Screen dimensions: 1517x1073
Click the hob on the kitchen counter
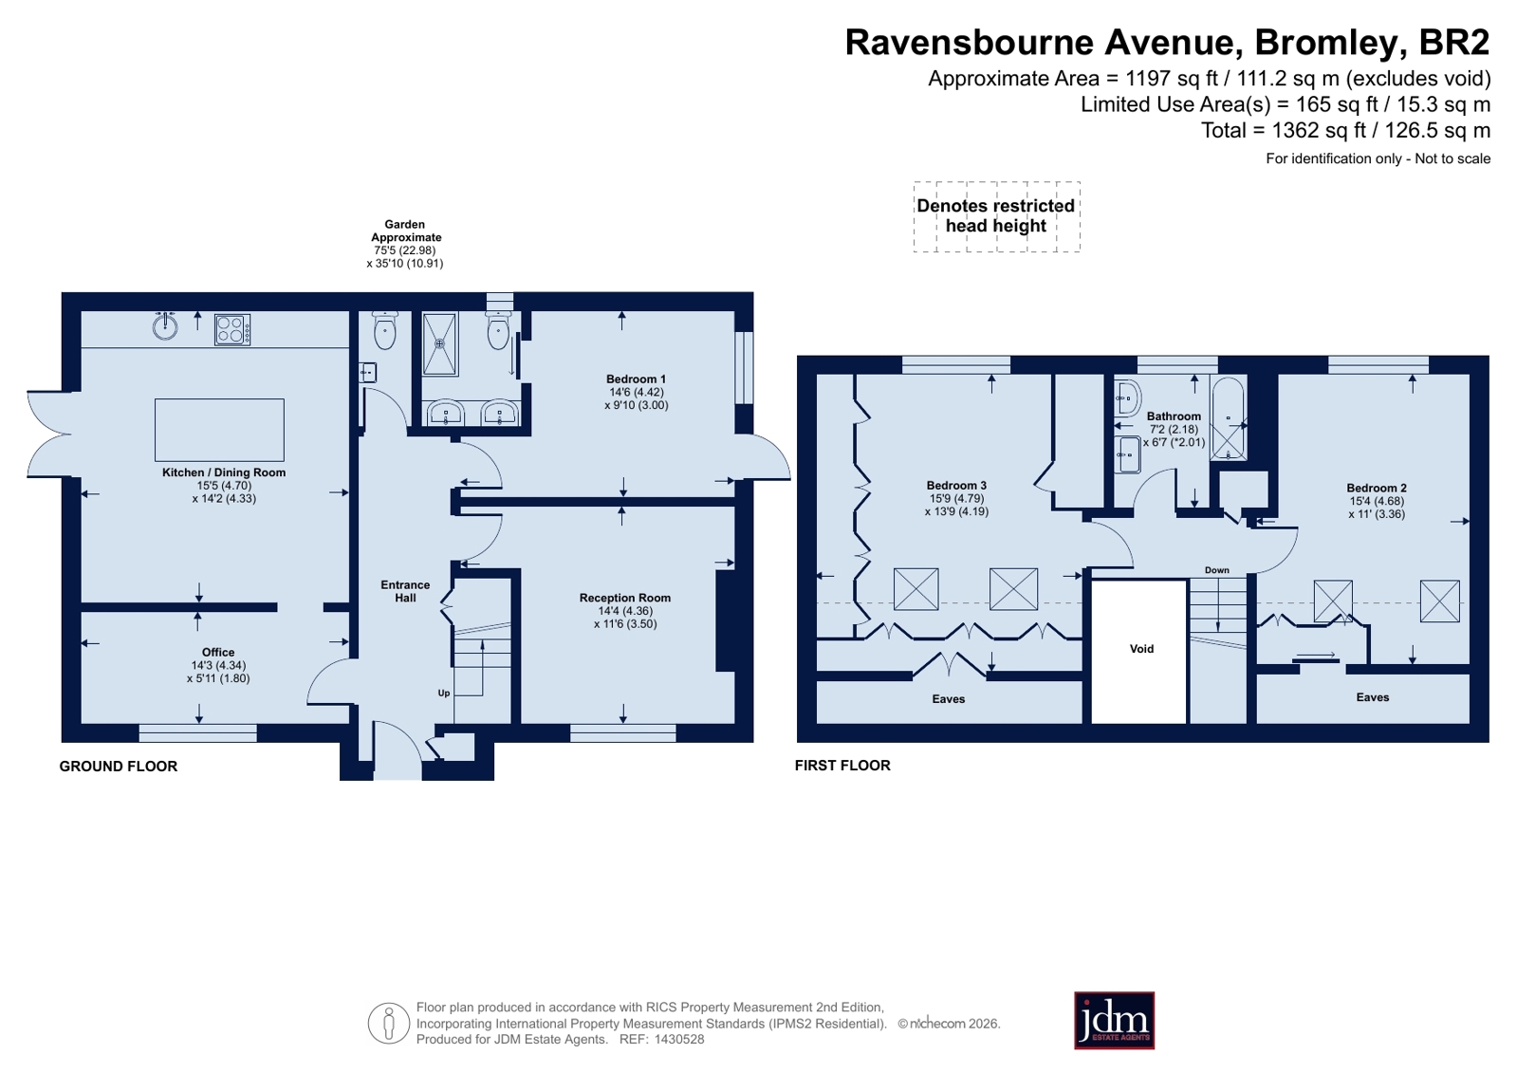click(x=232, y=330)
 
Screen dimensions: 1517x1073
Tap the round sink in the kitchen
click(x=164, y=326)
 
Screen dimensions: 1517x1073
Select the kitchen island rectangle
click(x=219, y=430)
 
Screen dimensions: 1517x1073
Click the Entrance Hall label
click(x=405, y=591)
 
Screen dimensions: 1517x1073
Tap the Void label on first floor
click(x=1141, y=649)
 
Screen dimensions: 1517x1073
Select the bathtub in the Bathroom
click(x=1227, y=418)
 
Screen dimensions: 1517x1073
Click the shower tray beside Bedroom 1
click(x=440, y=344)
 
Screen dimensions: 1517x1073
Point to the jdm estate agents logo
click(x=1114, y=1021)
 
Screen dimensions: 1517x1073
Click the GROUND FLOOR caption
click(x=119, y=767)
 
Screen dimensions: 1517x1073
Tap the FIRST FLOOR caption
click(x=842, y=766)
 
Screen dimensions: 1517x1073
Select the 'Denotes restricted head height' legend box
click(x=996, y=216)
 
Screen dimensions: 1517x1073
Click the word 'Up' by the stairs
click(x=444, y=693)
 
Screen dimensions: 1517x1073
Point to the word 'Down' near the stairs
click(x=1217, y=570)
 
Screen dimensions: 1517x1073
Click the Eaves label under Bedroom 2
click(x=1372, y=697)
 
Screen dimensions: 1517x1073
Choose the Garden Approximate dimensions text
click(x=405, y=244)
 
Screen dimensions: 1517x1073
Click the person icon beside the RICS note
click(x=389, y=1023)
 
